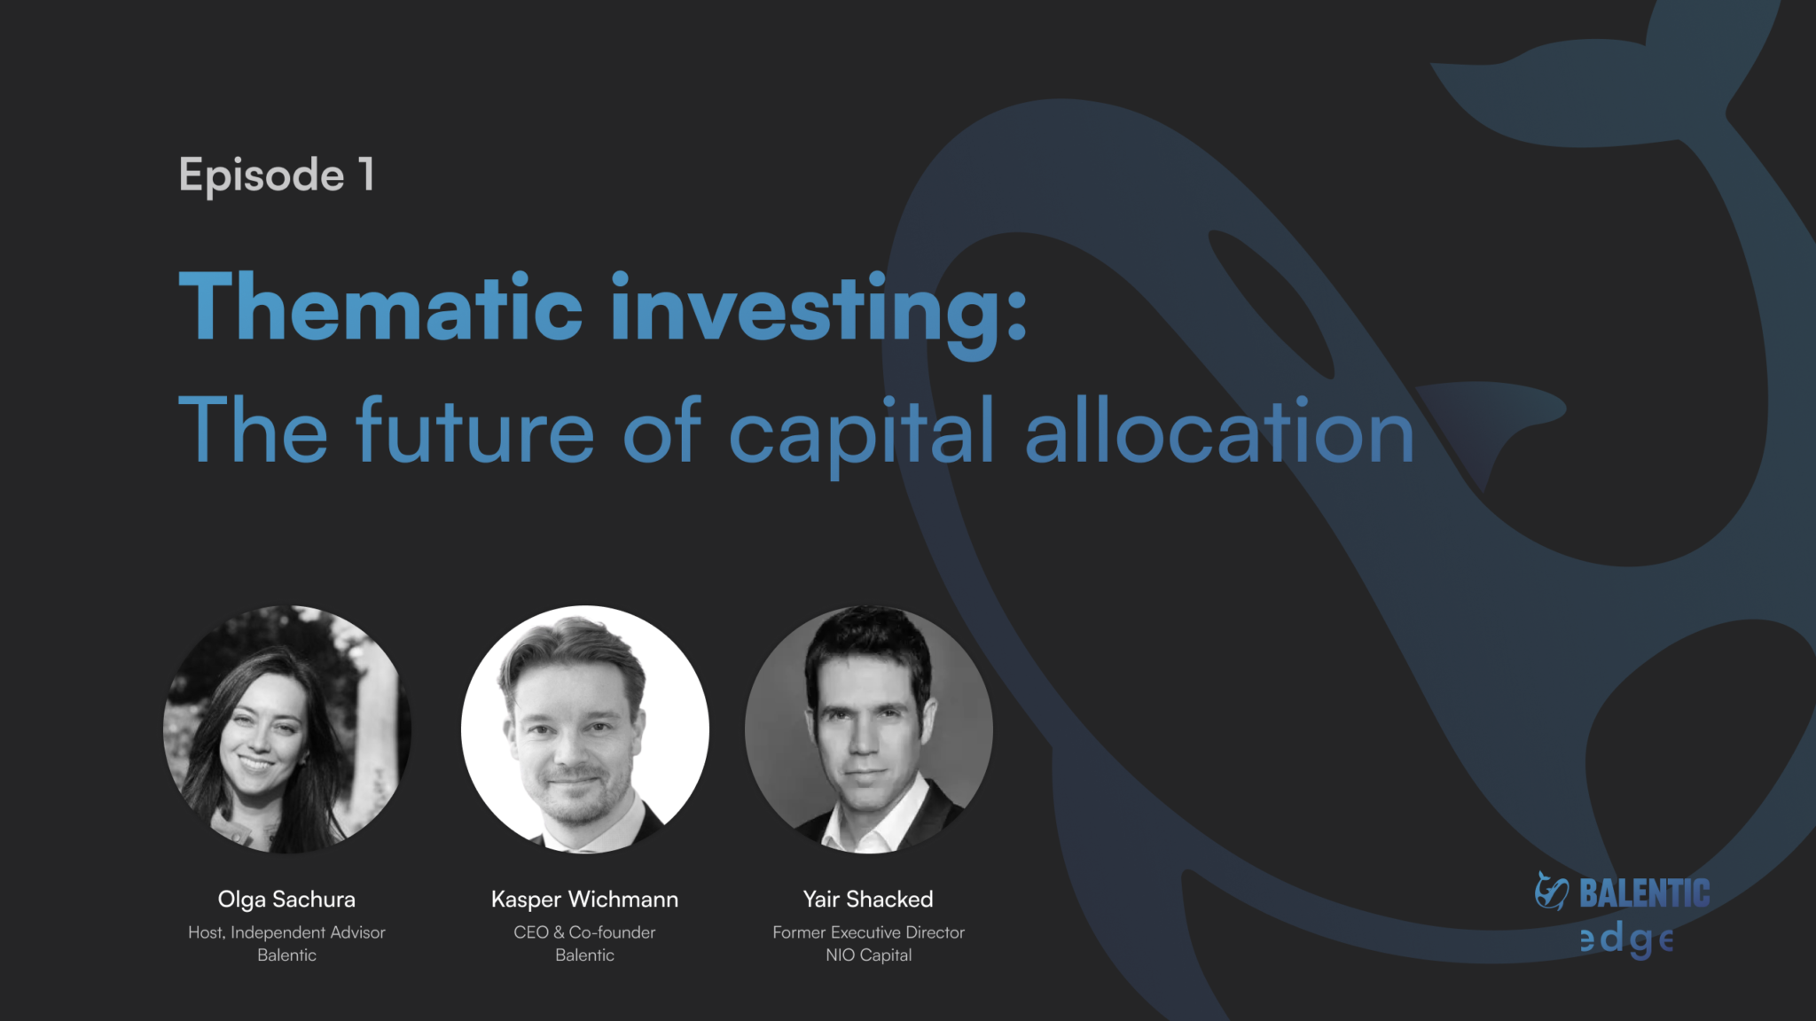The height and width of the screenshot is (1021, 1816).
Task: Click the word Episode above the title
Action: (262, 175)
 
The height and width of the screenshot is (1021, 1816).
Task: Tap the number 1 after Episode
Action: (366, 173)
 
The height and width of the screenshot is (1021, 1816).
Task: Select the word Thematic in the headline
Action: (380, 307)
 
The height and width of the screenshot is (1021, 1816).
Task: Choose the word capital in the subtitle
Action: (862, 436)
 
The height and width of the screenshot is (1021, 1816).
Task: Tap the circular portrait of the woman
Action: (287, 729)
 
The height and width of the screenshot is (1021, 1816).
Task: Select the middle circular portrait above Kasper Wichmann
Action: (585, 729)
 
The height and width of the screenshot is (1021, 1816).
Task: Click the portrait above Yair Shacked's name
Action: (869, 729)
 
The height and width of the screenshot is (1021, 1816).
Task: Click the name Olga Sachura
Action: (286, 900)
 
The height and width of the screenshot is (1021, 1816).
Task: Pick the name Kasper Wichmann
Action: (584, 900)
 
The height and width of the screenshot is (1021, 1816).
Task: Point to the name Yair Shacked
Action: (868, 900)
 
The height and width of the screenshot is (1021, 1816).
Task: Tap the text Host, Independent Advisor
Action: (286, 932)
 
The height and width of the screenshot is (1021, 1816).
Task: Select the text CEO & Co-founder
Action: (584, 932)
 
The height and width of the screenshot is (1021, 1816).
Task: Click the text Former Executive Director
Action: (868, 932)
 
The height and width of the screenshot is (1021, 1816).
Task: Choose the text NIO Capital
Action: (868, 955)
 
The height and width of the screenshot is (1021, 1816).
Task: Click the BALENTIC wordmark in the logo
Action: (1645, 893)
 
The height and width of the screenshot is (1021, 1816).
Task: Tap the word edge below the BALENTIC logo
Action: (1626, 939)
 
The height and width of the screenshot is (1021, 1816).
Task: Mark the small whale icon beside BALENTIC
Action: (1552, 892)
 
